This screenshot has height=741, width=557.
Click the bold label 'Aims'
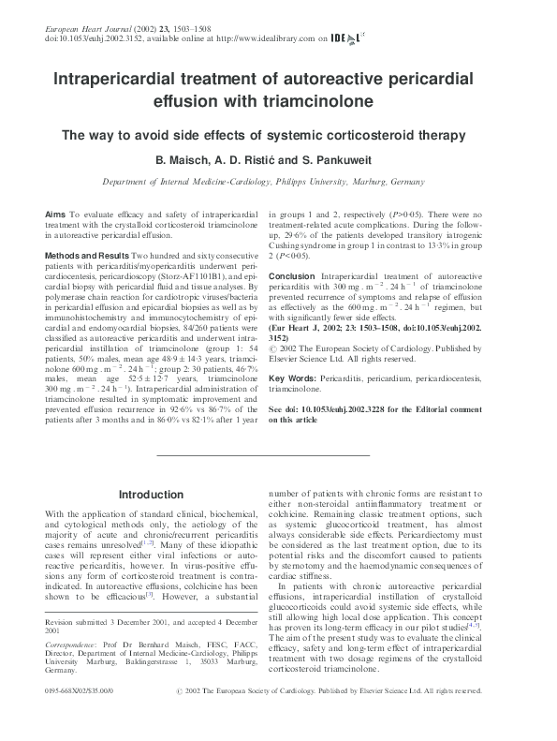[55, 215]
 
